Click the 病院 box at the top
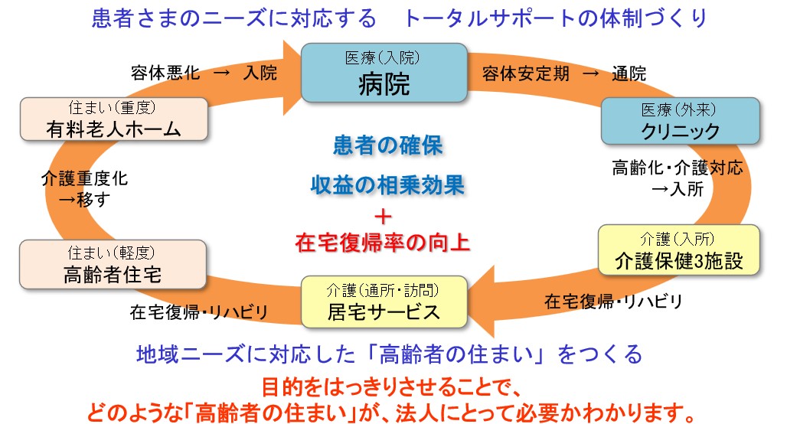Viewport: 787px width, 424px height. point(384,73)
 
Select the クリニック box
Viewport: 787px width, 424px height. point(681,122)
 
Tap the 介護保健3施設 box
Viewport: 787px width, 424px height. point(678,250)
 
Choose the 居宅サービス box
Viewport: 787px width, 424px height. point(384,302)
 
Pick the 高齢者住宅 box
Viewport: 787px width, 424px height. point(113,266)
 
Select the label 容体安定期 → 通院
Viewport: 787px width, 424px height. point(564,74)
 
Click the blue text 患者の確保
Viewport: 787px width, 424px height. point(388,145)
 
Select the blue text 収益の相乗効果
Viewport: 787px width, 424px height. point(388,184)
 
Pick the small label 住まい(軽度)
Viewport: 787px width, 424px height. point(113,251)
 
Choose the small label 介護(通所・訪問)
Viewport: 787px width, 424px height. point(384,289)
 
